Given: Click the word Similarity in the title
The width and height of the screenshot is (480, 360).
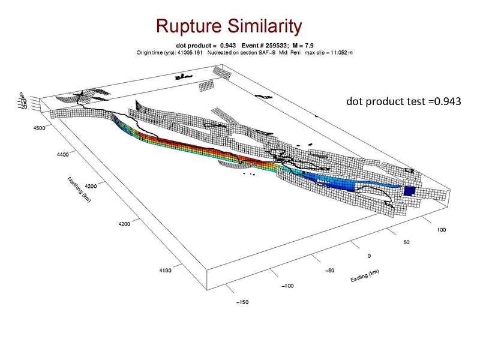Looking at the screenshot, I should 262,26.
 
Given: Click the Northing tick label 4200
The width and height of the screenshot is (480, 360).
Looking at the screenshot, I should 124,224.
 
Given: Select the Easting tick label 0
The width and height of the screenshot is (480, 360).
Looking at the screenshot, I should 369,256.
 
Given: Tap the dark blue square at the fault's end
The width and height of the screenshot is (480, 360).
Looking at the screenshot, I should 410,191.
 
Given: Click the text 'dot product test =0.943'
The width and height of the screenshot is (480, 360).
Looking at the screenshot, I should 403,101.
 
